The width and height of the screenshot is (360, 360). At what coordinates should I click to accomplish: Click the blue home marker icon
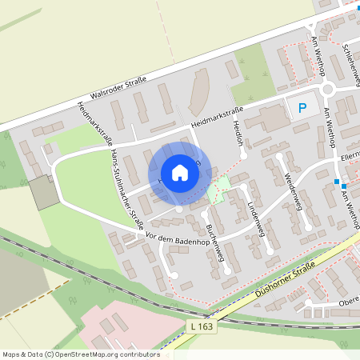point(180,173)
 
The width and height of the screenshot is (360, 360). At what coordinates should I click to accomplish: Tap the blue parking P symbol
point(302,108)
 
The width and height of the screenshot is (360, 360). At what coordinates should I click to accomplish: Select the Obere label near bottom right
point(349,302)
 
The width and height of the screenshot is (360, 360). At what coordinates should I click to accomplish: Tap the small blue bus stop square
point(337,182)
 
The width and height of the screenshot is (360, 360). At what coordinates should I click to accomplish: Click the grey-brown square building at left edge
point(44,193)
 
